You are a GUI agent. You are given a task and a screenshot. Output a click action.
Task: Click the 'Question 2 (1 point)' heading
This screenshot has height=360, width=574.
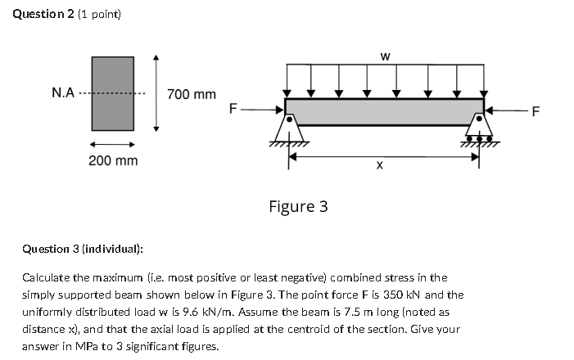pyautogui.click(x=67, y=16)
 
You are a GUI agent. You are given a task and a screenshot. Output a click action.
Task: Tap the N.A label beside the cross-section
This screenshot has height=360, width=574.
pyautogui.click(x=63, y=92)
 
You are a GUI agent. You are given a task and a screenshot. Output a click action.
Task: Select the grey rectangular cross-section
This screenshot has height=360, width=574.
pyautogui.click(x=112, y=93)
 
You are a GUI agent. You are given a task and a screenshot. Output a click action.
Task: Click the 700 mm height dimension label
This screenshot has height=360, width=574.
pyautogui.click(x=192, y=95)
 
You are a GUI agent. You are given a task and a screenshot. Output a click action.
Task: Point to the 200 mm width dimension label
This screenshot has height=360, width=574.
pyautogui.click(x=113, y=160)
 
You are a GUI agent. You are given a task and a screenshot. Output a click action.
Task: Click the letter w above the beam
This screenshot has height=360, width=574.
pyautogui.click(x=385, y=56)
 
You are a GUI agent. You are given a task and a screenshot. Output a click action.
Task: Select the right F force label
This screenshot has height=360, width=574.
pyautogui.click(x=536, y=112)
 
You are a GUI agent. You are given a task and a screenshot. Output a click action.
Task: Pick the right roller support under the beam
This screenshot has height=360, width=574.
pyautogui.click(x=480, y=131)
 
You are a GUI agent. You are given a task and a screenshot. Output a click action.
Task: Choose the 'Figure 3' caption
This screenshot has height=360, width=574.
pyautogui.click(x=298, y=206)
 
